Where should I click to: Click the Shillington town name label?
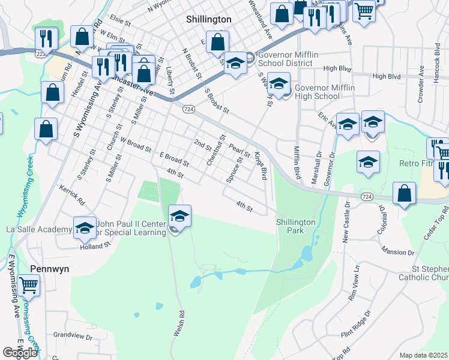(x=208, y=19)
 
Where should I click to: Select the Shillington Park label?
(x=295, y=226)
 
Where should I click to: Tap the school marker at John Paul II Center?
(x=179, y=216)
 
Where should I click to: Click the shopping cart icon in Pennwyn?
(x=28, y=286)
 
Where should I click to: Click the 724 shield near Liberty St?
(x=188, y=109)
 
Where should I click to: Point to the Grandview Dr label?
(x=73, y=337)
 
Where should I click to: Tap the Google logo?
(x=20, y=353)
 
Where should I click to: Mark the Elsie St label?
(x=120, y=21)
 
